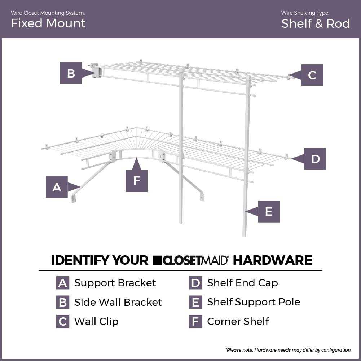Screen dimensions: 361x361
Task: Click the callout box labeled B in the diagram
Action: tap(71, 73)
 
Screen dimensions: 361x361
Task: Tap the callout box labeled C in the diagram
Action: tap(312, 75)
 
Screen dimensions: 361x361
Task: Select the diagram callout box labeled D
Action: tap(315, 159)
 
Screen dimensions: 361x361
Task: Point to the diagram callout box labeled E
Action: tap(269, 211)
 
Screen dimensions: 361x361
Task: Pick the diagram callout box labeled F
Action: tap(136, 180)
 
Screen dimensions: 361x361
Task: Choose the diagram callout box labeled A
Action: tap(57, 187)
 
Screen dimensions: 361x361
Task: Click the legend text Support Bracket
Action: tap(115, 283)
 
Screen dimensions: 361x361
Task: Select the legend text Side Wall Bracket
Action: tap(118, 302)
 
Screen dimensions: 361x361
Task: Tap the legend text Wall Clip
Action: tap(96, 321)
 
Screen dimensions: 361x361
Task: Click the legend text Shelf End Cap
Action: tap(242, 283)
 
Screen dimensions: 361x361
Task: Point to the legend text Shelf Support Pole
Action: tap(254, 302)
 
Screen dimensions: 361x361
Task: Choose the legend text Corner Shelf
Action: tap(238, 321)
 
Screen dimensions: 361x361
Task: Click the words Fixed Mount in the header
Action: tap(48, 23)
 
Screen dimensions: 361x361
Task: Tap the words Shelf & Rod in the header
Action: tap(316, 24)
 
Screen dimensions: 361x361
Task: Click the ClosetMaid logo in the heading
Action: tap(191, 260)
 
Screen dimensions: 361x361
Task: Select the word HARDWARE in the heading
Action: tap(272, 260)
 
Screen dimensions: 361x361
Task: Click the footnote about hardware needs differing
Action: tap(288, 350)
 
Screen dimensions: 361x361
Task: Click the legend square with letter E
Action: tap(195, 302)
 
